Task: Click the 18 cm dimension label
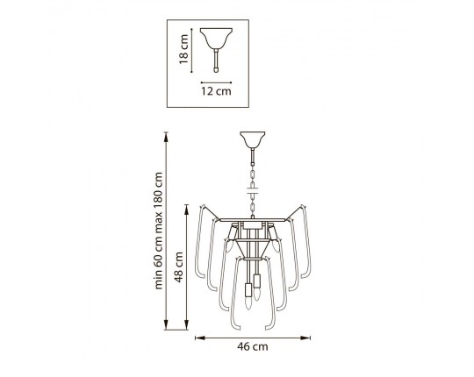click(183, 49)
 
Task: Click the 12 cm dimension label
click(216, 91)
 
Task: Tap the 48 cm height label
click(179, 267)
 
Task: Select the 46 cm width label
click(253, 346)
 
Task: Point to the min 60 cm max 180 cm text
click(158, 231)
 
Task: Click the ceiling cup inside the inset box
click(216, 39)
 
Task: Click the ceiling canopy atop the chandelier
click(253, 140)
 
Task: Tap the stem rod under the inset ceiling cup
click(216, 61)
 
